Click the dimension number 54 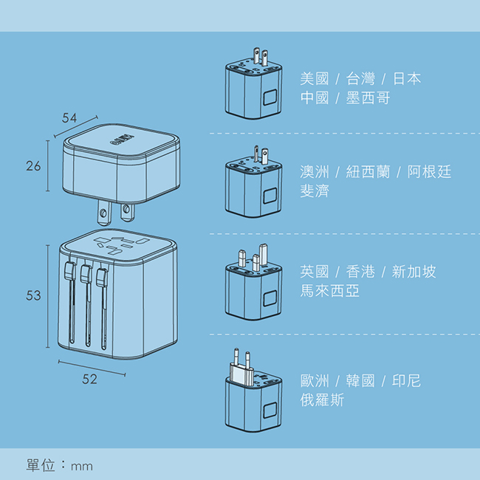[x=69, y=117]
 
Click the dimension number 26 [x=33, y=166]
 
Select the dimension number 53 [x=33, y=295]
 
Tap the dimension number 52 [x=89, y=379]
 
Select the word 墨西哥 [x=368, y=98]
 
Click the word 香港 [x=360, y=272]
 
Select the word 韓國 [x=360, y=381]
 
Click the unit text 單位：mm [x=60, y=466]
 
